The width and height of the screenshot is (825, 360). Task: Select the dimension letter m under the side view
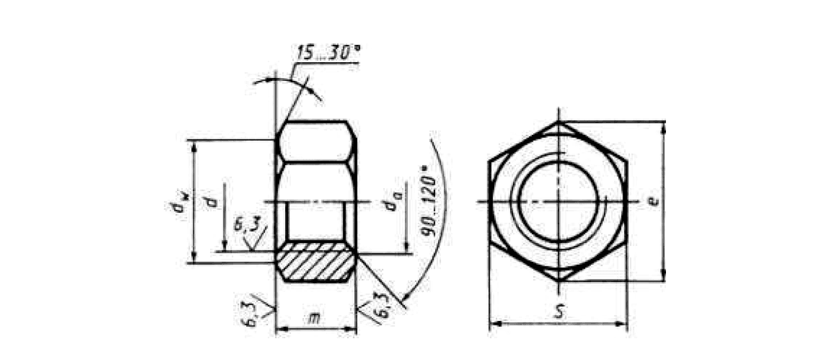click(315, 320)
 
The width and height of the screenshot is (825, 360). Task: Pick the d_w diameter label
click(177, 203)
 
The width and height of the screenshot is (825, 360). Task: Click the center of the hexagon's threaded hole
click(559, 202)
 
